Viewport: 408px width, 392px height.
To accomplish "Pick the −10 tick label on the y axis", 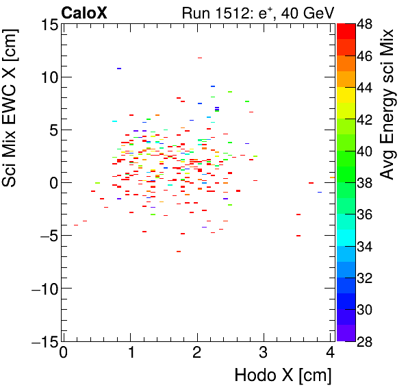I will [41, 289].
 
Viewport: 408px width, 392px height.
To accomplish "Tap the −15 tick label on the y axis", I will [41, 341].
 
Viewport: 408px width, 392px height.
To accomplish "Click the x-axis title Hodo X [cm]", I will [283, 376].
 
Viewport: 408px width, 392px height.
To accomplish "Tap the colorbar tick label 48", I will [366, 25].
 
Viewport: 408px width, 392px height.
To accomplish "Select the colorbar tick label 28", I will [366, 342].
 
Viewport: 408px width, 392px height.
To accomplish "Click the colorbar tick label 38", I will [366, 183].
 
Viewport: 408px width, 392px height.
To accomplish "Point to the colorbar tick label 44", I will [366, 88].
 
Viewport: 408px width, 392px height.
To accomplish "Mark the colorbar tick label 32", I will [366, 278].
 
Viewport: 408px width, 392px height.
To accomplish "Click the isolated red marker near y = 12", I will [200, 58].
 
